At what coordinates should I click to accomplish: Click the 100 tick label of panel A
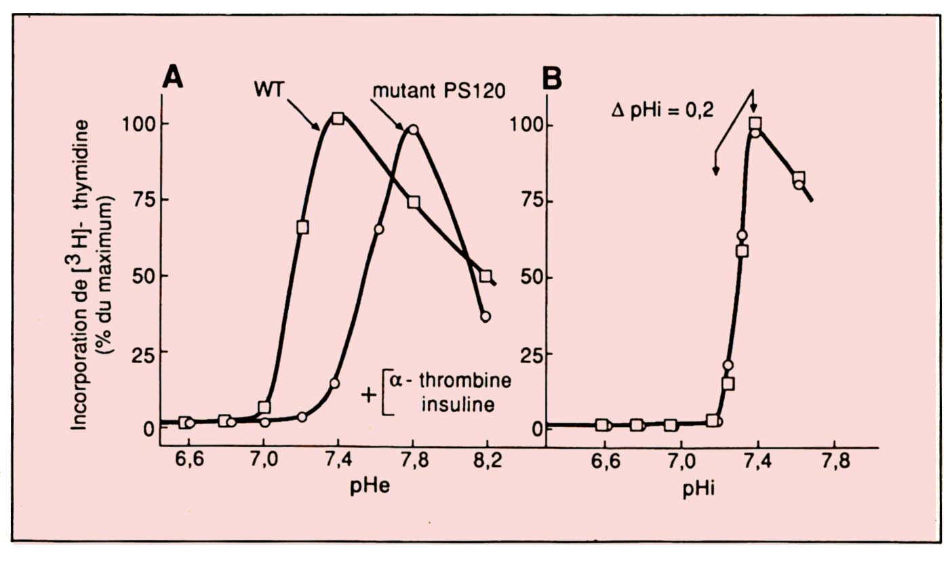click(137, 124)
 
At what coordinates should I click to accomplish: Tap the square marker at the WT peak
click(338, 119)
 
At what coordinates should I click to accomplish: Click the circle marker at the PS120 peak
click(413, 129)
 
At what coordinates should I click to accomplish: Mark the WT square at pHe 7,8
click(414, 202)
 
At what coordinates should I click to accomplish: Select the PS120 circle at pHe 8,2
click(485, 316)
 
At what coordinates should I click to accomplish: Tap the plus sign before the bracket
click(369, 394)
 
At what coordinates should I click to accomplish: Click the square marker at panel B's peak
click(755, 123)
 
